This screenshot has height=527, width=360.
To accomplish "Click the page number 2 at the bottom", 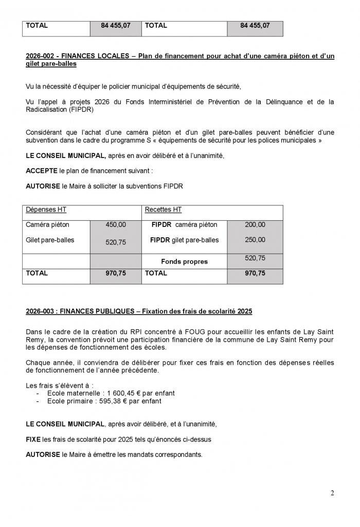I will click(x=332, y=493).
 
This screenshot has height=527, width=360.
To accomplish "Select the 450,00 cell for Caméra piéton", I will click(x=115, y=225).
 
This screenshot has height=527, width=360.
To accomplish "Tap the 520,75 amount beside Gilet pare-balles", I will click(x=115, y=242).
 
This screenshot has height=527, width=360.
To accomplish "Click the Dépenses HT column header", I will click(x=46, y=210).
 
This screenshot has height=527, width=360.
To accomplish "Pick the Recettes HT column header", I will click(x=163, y=210).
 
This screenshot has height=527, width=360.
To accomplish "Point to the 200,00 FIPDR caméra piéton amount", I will click(x=255, y=225).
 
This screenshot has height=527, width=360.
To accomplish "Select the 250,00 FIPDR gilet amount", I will click(x=255, y=240).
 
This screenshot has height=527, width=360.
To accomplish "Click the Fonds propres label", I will click(x=184, y=261).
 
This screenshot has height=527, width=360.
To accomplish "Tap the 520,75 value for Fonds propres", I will click(x=255, y=258).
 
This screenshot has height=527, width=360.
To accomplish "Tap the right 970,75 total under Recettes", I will click(x=255, y=274).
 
